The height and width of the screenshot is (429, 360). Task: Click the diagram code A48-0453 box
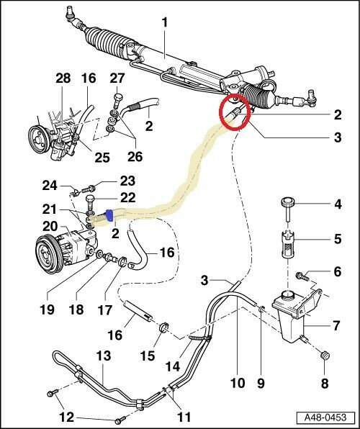coord(325,417)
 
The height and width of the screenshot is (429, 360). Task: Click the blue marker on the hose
coord(109,215)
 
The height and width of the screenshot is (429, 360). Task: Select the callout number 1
coord(165,22)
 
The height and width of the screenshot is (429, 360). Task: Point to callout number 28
coord(63,78)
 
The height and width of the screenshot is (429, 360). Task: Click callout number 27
coord(117,78)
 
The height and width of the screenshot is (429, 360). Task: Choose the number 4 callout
coord(338,204)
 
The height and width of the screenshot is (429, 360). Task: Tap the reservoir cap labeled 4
coord(288,209)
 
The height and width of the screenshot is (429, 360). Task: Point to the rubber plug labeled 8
coord(325,356)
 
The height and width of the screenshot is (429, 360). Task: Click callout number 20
coord(50,227)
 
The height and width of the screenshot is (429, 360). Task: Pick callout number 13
coord(104,356)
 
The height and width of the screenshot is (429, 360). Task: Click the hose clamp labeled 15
coord(164,327)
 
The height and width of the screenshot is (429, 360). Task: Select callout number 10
coord(238,383)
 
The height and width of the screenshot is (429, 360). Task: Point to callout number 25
coord(102,158)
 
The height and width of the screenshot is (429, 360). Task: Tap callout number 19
coord(47,310)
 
